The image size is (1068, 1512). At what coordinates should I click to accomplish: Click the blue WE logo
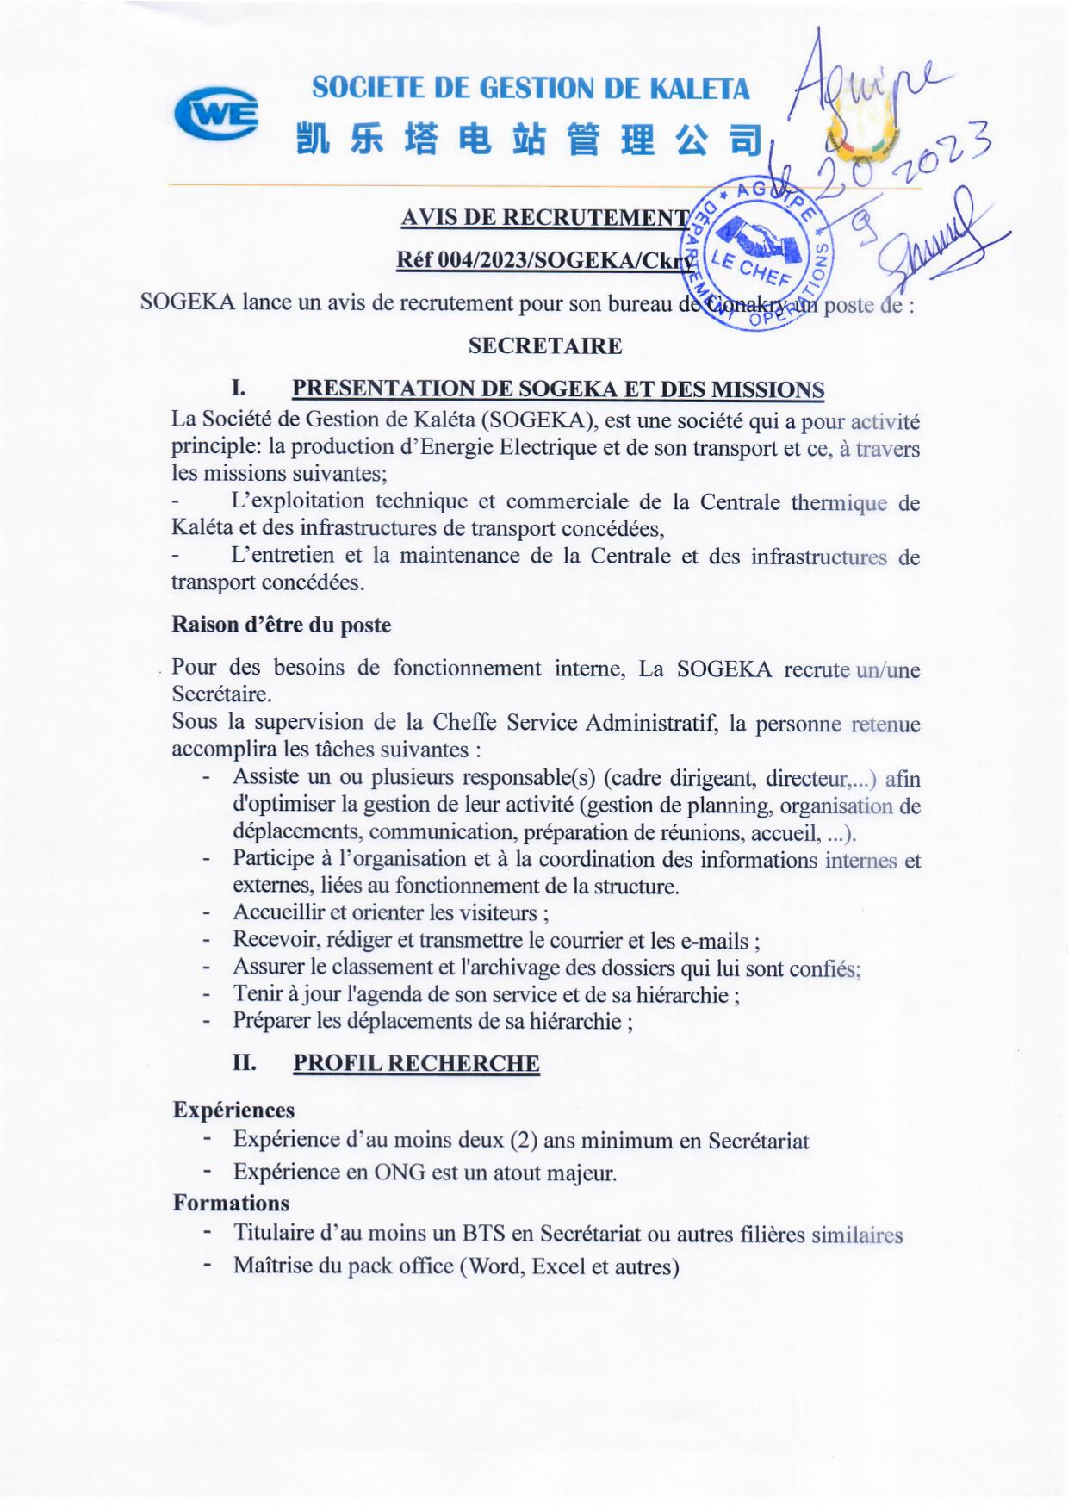click(x=215, y=114)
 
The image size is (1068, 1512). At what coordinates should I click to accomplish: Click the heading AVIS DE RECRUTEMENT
click(x=544, y=217)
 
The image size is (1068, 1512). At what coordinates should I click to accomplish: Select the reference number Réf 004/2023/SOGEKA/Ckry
click(x=544, y=259)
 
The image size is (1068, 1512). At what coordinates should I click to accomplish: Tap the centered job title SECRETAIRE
click(x=544, y=346)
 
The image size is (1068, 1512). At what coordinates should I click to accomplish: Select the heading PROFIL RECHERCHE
click(x=416, y=1063)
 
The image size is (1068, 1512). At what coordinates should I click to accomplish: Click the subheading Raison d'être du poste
click(x=281, y=625)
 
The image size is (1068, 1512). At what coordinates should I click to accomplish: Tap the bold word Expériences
click(x=233, y=1110)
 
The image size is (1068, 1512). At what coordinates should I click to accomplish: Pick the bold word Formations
click(x=231, y=1203)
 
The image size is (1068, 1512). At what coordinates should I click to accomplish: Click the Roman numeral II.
click(x=244, y=1062)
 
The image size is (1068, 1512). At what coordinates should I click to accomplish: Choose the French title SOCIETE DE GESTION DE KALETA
click(x=531, y=88)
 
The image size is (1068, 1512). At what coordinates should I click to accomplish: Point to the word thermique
click(x=838, y=503)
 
